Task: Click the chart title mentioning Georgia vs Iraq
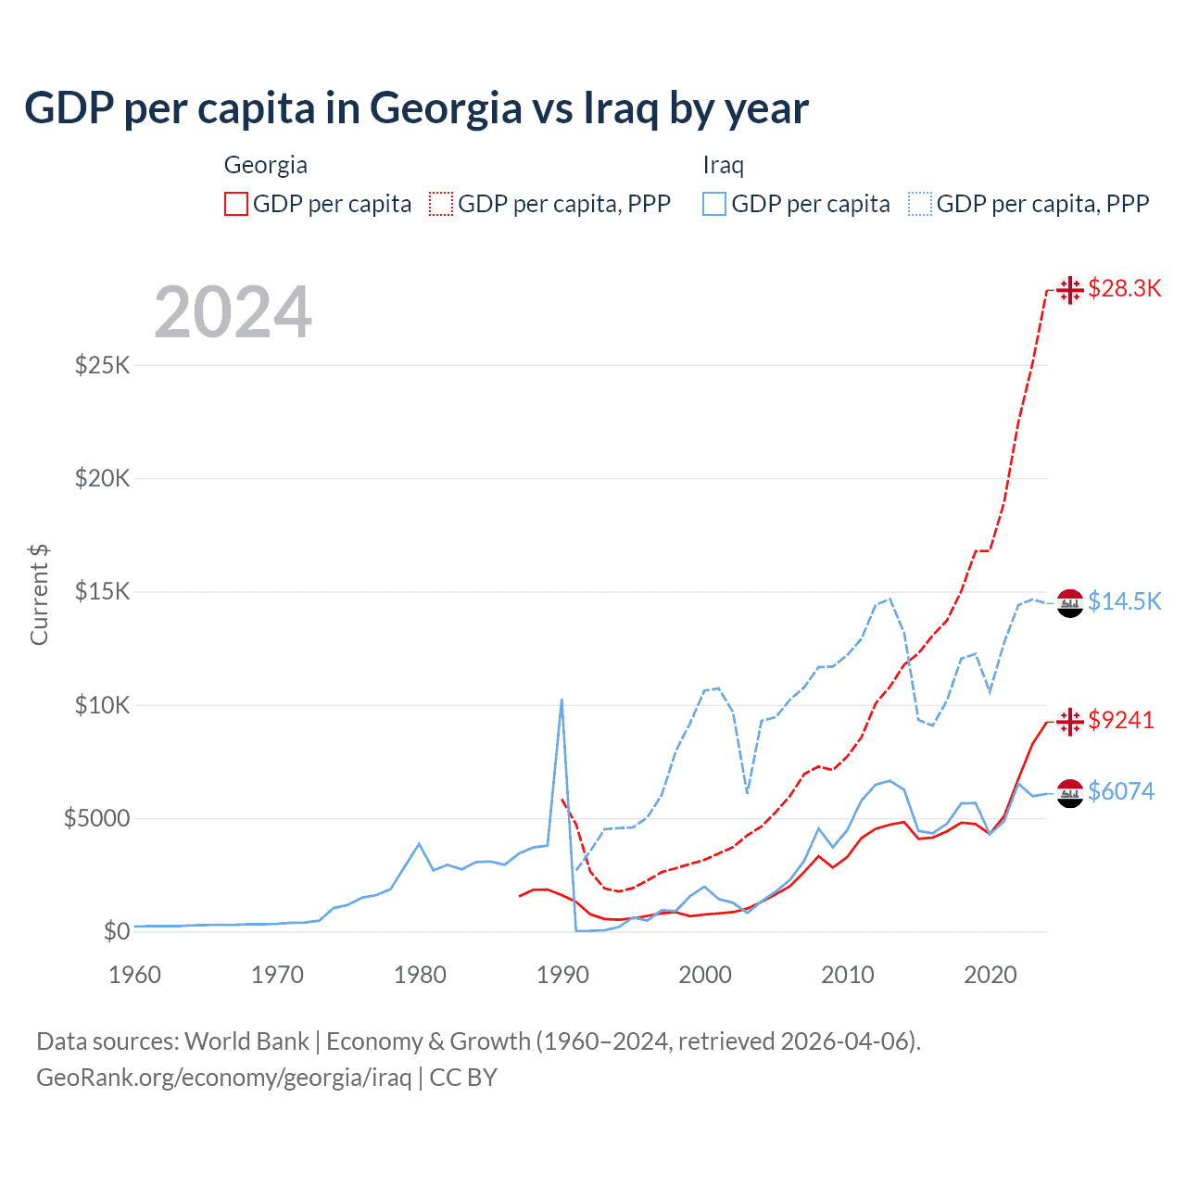[x=416, y=108]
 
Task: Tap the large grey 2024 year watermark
[x=233, y=313]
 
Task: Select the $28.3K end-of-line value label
[x=1124, y=288]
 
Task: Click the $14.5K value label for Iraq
[x=1124, y=601]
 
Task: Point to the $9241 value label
[x=1121, y=720]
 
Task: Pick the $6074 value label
[x=1121, y=791]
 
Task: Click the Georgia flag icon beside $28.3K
[x=1070, y=290]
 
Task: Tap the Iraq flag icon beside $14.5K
[x=1070, y=602]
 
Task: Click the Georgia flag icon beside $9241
[x=1070, y=721]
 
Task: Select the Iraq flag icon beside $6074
[x=1070, y=793]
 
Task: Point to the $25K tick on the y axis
[x=103, y=365]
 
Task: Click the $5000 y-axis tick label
[x=97, y=819]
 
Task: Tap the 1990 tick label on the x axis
[x=562, y=975]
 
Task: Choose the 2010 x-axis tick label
[x=848, y=975]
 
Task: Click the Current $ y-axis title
[x=39, y=595]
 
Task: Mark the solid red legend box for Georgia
[x=236, y=204]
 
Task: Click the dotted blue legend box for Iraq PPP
[x=920, y=204]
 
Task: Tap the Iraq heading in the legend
[x=724, y=165]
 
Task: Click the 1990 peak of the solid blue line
[x=561, y=700]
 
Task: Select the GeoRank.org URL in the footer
[x=223, y=1078]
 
